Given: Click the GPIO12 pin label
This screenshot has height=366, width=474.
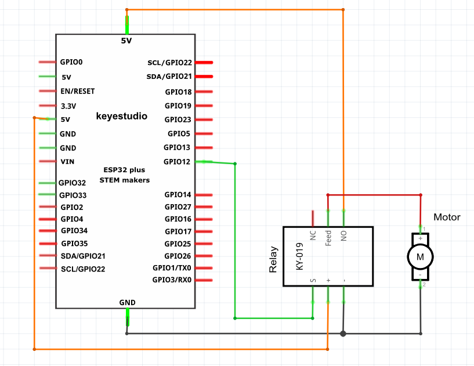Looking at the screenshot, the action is click(x=177, y=162).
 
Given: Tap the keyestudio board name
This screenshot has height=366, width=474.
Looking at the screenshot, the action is click(x=121, y=116).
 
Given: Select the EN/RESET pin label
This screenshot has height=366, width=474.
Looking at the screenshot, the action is click(x=77, y=91).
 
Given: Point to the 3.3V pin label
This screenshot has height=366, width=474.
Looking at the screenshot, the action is click(x=68, y=106).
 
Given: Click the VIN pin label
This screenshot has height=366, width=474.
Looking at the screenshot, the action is click(x=67, y=162).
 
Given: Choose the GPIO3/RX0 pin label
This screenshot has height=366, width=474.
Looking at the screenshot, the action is click(x=172, y=280).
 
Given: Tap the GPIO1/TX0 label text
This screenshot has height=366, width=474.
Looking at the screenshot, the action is click(x=172, y=268).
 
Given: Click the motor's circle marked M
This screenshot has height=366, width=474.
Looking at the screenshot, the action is click(x=420, y=257).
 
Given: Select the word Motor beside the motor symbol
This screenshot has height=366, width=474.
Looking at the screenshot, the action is click(x=447, y=217).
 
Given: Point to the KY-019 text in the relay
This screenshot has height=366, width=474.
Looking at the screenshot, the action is click(x=299, y=256).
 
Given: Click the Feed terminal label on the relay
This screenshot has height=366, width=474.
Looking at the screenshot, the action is click(x=328, y=238).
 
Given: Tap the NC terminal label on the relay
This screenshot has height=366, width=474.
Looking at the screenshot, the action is click(x=313, y=235).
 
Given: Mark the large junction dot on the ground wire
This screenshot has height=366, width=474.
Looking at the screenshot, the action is click(x=343, y=334).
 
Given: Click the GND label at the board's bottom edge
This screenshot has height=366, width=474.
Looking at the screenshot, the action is click(x=127, y=303).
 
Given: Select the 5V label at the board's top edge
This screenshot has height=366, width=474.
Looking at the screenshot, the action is click(x=126, y=41).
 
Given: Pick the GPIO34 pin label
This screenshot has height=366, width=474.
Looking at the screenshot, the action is click(x=74, y=231).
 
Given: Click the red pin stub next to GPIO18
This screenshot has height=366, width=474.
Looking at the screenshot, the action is click(x=204, y=92).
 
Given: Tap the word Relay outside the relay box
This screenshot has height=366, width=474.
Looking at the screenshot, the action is click(x=273, y=259).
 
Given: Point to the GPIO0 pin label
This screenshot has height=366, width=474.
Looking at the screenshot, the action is click(x=71, y=62).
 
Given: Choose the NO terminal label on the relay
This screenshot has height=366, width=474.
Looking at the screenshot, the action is click(x=343, y=235).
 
